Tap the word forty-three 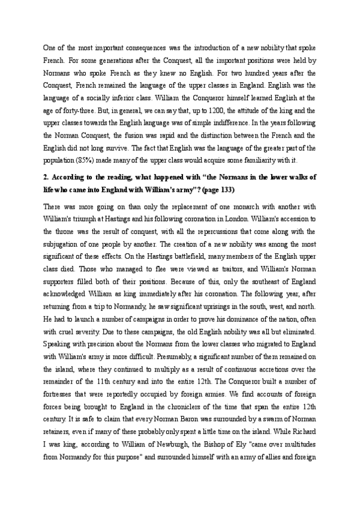click(63, 110)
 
